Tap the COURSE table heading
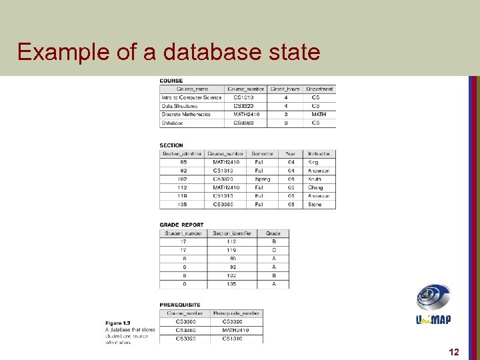[x=171, y=81]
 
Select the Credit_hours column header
[x=286, y=89]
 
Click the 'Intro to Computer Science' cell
[x=191, y=97]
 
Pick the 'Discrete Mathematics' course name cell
[x=185, y=114]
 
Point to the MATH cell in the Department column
[x=319, y=114]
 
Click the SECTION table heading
[x=171, y=145]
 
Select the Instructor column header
[x=319, y=154]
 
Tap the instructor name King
[x=313, y=162]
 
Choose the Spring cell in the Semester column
[x=262, y=179]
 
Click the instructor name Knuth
[x=315, y=179]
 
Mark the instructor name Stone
[x=315, y=205]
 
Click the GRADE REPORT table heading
[x=181, y=225]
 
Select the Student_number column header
[x=183, y=233]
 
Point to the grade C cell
[x=273, y=250]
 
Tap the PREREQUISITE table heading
[x=180, y=305]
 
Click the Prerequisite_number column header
[x=237, y=313]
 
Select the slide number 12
[x=454, y=351]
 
